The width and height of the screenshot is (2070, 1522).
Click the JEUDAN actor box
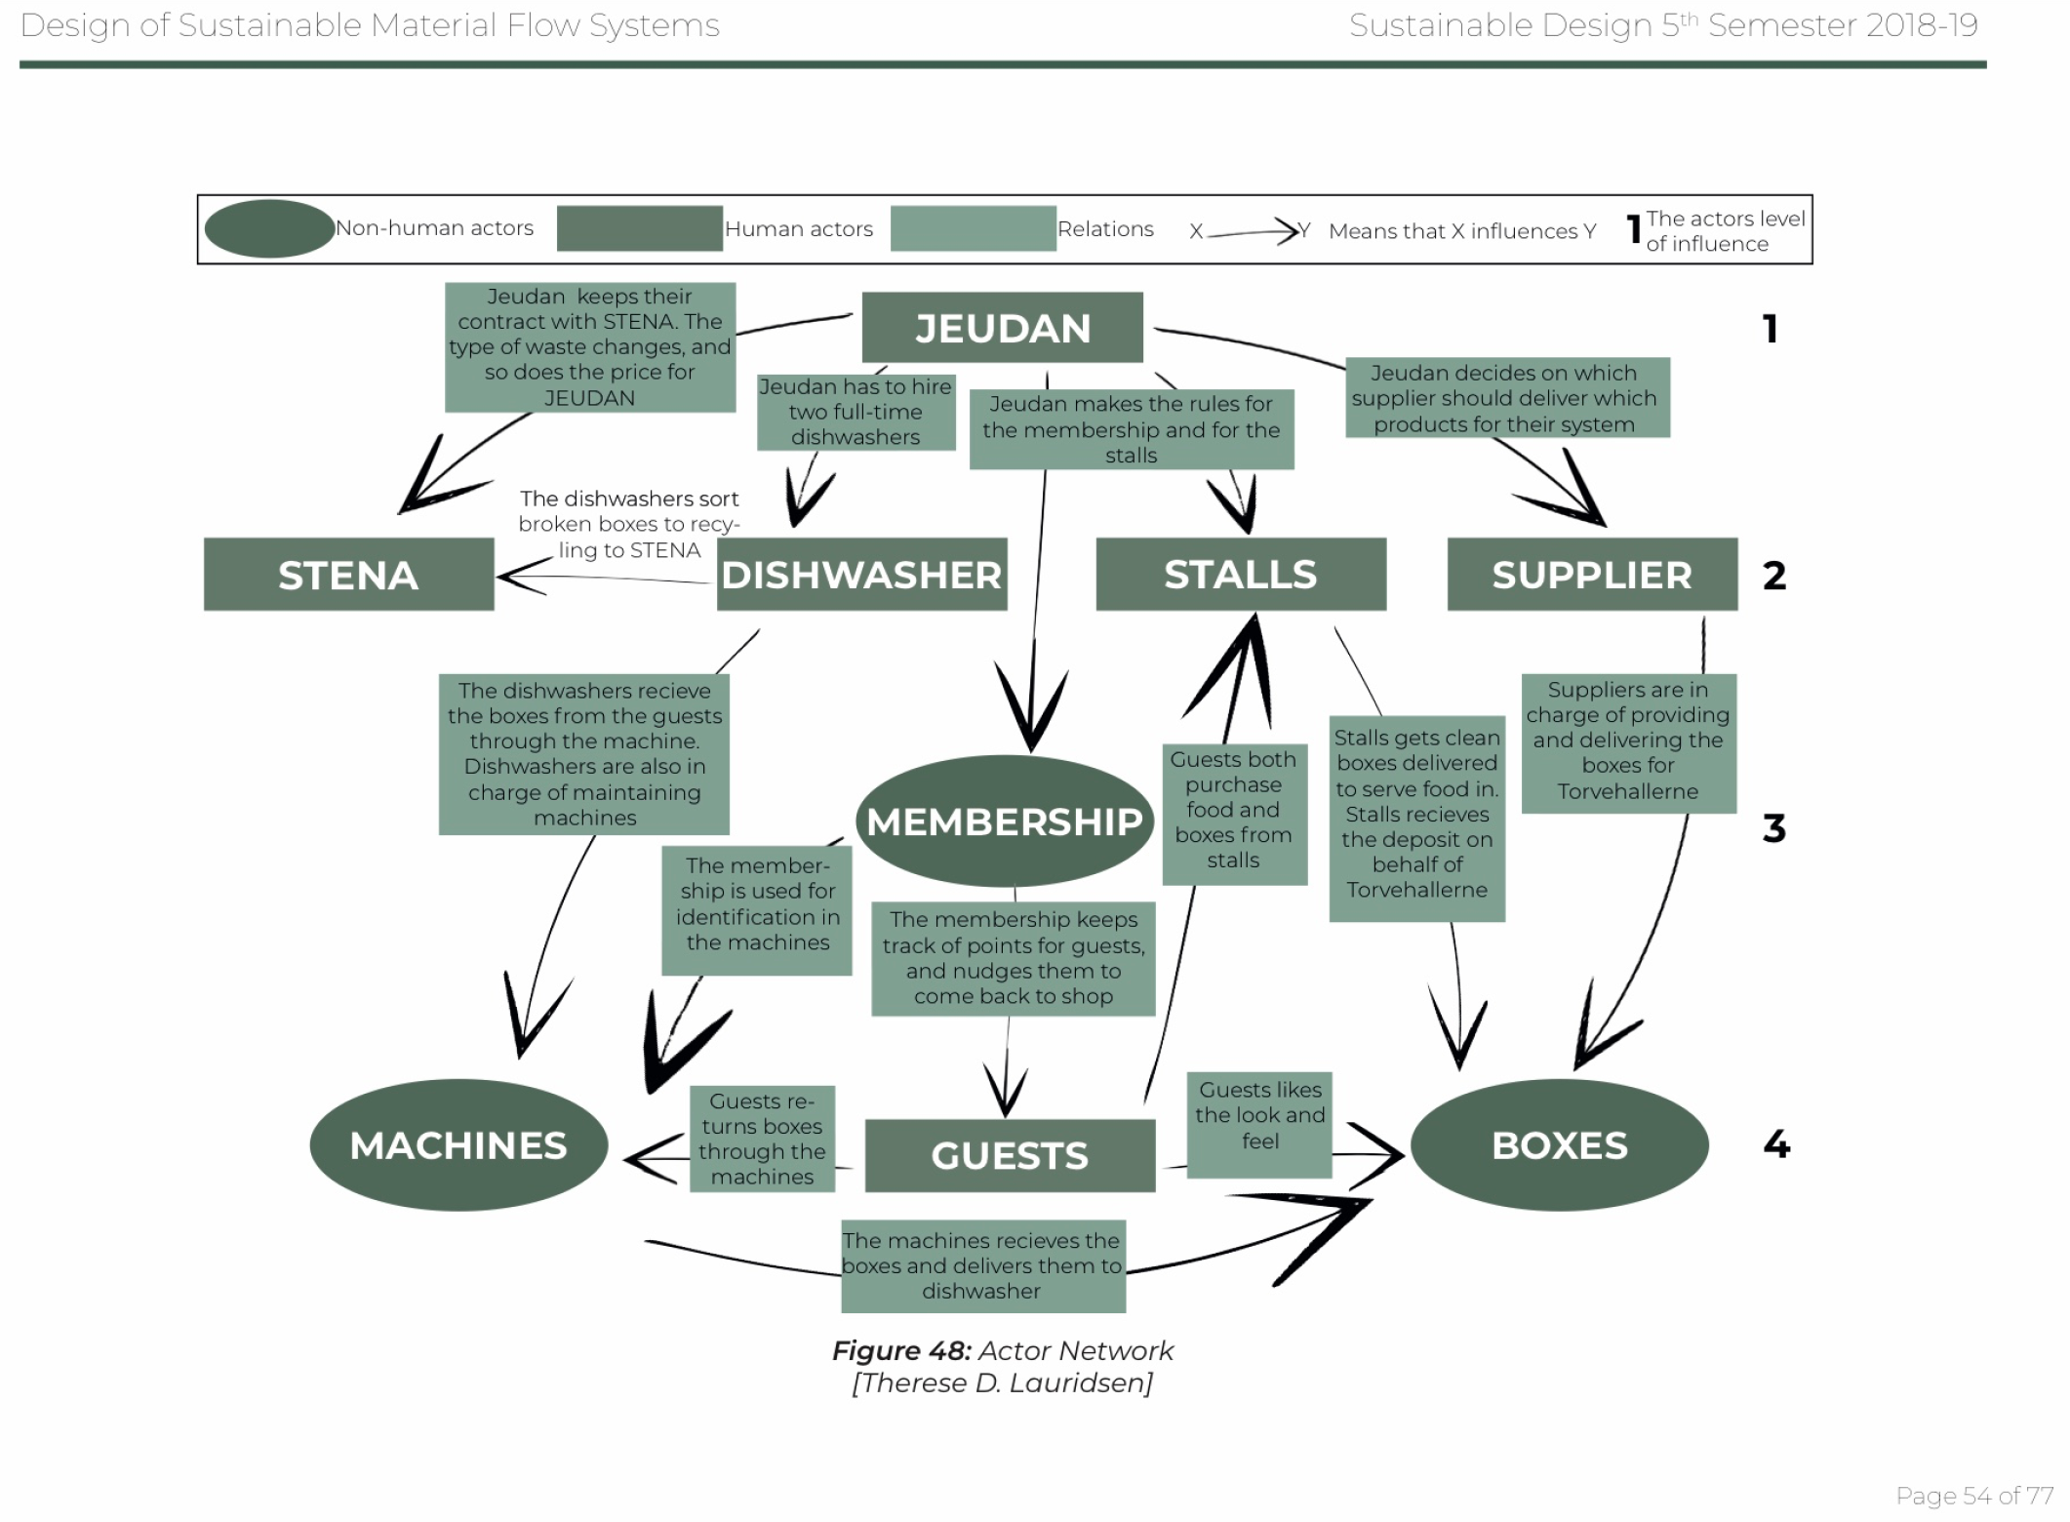point(1002,328)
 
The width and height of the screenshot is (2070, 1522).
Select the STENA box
point(348,575)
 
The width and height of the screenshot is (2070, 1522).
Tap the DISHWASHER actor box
point(861,575)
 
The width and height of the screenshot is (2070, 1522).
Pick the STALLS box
point(1240,575)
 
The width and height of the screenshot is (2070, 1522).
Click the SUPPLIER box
point(1591,575)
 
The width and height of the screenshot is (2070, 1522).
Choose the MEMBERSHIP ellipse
point(1004,821)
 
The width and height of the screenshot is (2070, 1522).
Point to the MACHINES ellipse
point(458,1145)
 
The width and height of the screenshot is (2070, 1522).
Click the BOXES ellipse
point(1559,1145)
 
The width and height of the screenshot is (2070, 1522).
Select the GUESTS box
point(1010,1156)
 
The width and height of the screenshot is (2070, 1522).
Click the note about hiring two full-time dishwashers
point(856,412)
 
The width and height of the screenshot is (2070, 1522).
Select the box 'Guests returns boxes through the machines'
point(762,1139)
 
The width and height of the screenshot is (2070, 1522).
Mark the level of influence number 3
point(1773,828)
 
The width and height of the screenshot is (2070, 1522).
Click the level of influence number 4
point(1776,1144)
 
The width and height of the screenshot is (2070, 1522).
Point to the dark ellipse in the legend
point(269,228)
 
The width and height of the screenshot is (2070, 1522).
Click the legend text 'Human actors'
point(798,229)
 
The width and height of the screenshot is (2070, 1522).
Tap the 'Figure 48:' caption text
point(901,1351)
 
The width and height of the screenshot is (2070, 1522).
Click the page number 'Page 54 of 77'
point(1973,1496)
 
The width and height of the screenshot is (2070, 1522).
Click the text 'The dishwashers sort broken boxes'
point(629,512)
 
